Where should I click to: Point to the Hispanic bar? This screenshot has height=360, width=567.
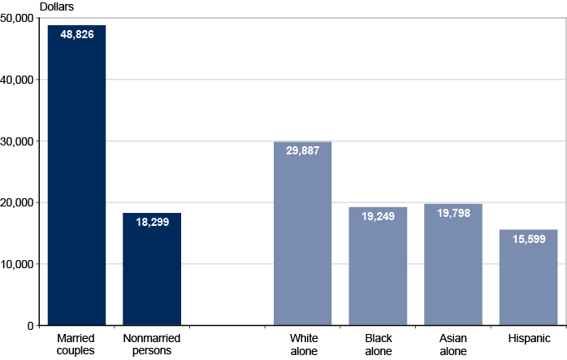coord(528,280)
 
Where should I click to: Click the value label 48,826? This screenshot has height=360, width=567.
coord(77,35)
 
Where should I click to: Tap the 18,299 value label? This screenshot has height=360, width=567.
coord(152,222)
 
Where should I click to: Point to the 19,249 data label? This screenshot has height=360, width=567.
coord(378,216)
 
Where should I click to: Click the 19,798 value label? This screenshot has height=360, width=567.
coord(453,213)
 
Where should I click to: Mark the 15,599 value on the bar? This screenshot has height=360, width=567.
coord(528,238)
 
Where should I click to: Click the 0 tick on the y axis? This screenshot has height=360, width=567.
coord(29,326)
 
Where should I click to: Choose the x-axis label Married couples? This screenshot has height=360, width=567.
coord(76,345)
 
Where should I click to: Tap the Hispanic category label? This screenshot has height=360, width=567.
coord(529,338)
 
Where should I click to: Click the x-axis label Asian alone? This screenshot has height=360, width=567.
coord(453,345)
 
